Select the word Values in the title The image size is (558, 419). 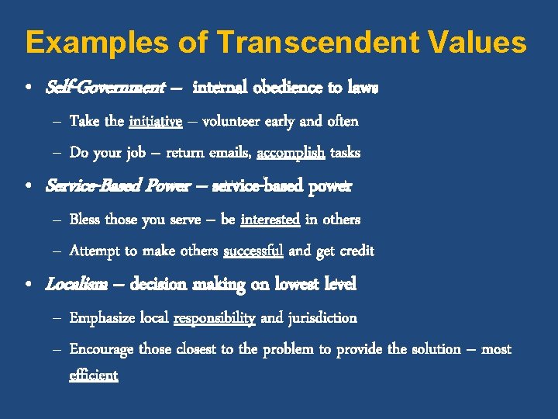[x=479, y=42]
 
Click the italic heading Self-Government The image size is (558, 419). [x=105, y=88]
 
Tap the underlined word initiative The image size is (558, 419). [x=156, y=121]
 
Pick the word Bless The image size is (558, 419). [x=85, y=220]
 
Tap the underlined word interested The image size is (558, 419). [x=270, y=220]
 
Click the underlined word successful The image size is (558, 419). [x=253, y=251]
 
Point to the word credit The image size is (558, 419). [x=354, y=251]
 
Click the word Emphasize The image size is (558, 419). [x=103, y=317]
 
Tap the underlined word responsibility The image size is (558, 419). [x=215, y=317]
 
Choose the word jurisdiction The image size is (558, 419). [x=322, y=317]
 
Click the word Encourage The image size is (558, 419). [x=102, y=349]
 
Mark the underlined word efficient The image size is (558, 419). [x=94, y=376]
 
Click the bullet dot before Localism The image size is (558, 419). [x=29, y=286]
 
